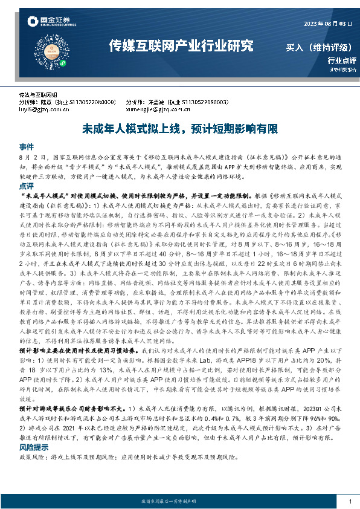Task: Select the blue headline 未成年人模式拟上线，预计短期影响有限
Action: click(x=180, y=129)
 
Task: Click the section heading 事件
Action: click(x=26, y=147)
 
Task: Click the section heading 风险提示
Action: click(x=32, y=448)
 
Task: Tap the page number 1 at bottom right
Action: click(x=351, y=501)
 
